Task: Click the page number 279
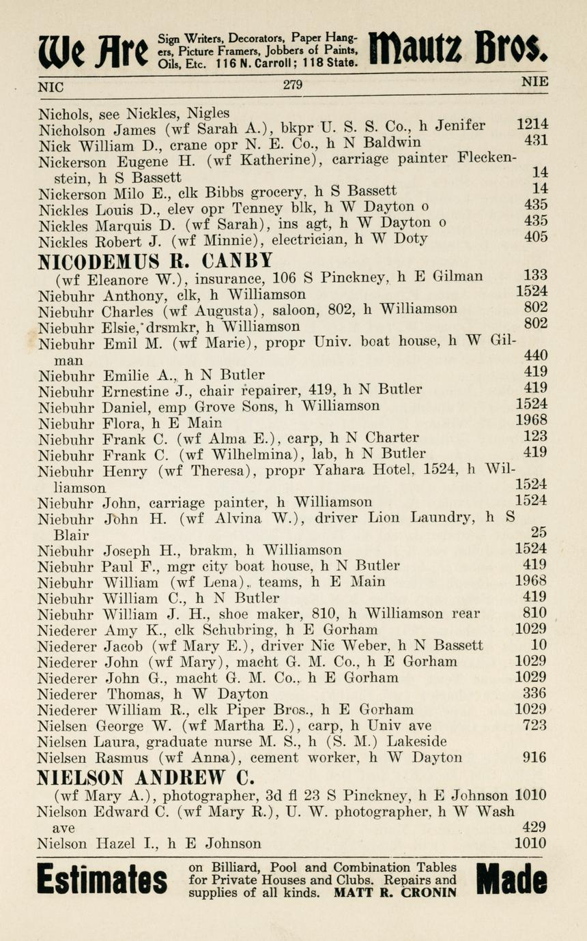tap(292, 85)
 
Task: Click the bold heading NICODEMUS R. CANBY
tap(155, 260)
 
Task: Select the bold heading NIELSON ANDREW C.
tap(146, 778)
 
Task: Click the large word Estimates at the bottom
tap(102, 880)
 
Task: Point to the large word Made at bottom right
tap(511, 880)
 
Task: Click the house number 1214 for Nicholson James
tap(532, 125)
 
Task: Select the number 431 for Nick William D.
tap(536, 141)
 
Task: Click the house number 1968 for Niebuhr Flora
tap(531, 421)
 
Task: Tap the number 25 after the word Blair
tap(539, 532)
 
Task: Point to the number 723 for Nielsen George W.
tap(534, 725)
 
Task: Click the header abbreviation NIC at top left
tap(50, 87)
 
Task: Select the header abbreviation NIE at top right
tap(534, 82)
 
